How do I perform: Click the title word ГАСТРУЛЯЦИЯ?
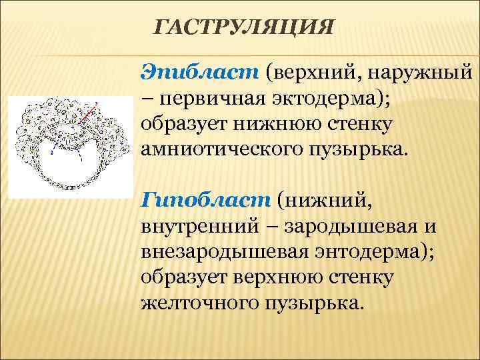coord(243,29)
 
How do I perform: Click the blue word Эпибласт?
coord(199,71)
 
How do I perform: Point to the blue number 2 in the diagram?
coord(51,152)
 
